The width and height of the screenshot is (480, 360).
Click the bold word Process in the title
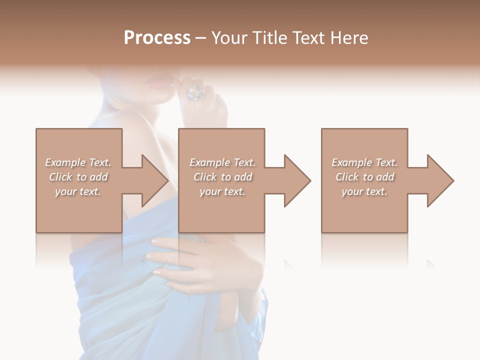tap(157, 38)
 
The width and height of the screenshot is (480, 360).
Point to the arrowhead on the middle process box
tap(296, 180)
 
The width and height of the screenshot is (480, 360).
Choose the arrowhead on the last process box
tap(439, 180)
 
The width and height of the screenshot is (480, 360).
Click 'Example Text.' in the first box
tap(78, 162)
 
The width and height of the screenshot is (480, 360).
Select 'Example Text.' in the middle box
tap(222, 162)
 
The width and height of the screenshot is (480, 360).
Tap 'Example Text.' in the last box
tap(364, 162)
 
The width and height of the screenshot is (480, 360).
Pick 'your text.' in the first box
tap(78, 191)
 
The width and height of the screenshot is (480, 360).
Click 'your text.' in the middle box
tap(222, 191)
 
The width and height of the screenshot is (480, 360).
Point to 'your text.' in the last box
tap(364, 191)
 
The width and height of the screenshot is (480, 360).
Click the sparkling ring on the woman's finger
tap(195, 92)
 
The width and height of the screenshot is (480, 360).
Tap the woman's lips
tap(161, 83)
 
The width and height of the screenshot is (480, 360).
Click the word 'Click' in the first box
tap(60, 177)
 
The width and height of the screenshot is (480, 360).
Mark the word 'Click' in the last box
tap(347, 177)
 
